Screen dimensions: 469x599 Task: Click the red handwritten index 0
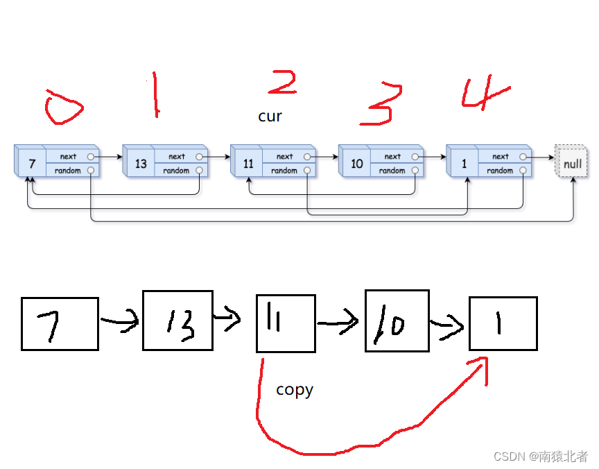pos(63,108)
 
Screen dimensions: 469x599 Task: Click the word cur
pos(270,117)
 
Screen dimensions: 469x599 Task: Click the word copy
pos(295,390)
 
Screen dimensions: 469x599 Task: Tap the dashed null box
pos(572,164)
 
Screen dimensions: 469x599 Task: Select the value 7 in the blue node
pos(32,164)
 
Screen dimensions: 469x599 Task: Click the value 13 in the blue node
pos(141,164)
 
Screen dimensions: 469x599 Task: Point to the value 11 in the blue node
pos(248,164)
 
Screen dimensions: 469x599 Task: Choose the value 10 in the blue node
pos(356,164)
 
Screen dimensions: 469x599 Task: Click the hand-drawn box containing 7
pos(60,323)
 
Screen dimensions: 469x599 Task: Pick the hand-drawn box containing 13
pos(177,320)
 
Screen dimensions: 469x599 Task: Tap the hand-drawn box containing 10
pos(397,321)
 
